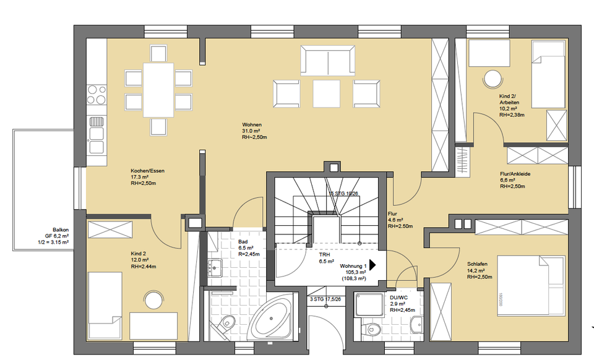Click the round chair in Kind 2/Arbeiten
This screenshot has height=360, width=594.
pyautogui.click(x=493, y=79)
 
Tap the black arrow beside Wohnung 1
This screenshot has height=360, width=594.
pyautogui.click(x=373, y=265)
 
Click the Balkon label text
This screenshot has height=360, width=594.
pyautogui.click(x=60, y=229)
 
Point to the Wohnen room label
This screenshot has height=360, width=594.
pyautogui.click(x=252, y=124)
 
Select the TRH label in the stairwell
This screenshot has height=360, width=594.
pyautogui.click(x=324, y=254)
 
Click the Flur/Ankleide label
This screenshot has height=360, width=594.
pyautogui.click(x=515, y=174)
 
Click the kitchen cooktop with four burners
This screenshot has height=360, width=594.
pyautogui.click(x=96, y=94)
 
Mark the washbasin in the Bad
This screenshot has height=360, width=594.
pyautogui.click(x=215, y=267)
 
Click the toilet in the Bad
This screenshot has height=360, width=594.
pyautogui.click(x=228, y=322)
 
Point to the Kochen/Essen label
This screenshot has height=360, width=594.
pyautogui.click(x=147, y=170)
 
